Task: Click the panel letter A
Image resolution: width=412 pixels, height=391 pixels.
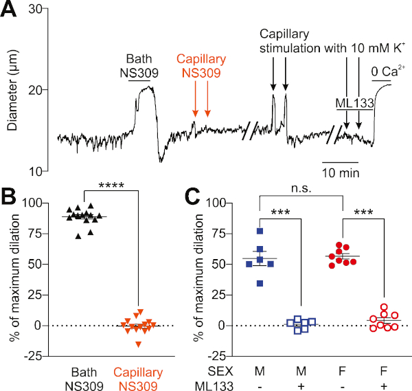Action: pyautogui.click(x=10, y=12)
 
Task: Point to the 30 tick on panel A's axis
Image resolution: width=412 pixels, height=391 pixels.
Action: pyautogui.click(x=38, y=9)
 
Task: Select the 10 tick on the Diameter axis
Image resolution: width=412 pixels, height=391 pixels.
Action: pyautogui.click(x=38, y=171)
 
